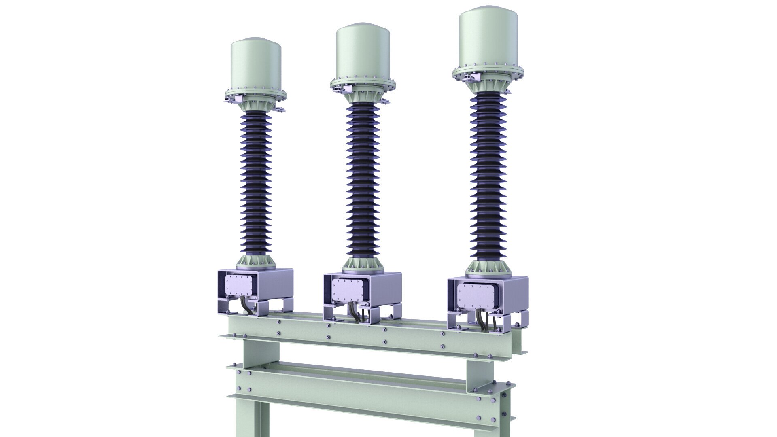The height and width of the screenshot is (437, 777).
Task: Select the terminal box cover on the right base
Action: [x=474, y=294]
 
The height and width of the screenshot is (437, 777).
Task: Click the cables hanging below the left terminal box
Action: [x=246, y=309]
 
